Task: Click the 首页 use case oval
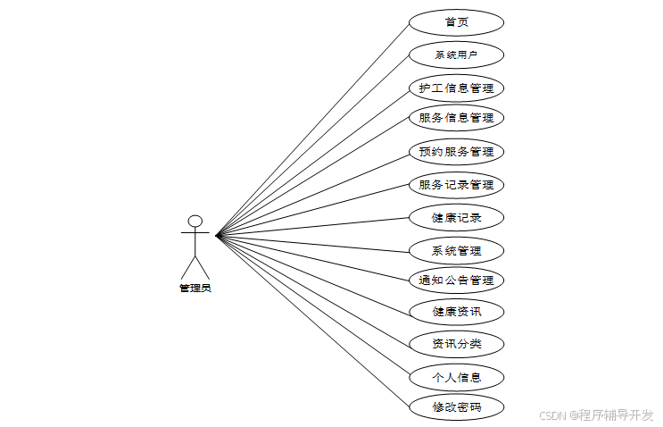(x=456, y=22)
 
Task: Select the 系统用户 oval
(x=456, y=55)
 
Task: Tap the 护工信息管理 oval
(x=456, y=88)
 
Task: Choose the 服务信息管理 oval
(x=456, y=117)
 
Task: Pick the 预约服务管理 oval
(x=456, y=152)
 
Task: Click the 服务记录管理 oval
(x=456, y=185)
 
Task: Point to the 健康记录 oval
(x=456, y=217)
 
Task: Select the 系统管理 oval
(x=456, y=251)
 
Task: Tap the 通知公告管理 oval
(x=456, y=280)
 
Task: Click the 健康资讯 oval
(x=456, y=312)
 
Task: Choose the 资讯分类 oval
(x=456, y=344)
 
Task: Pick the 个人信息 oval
(x=456, y=377)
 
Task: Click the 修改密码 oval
(x=456, y=408)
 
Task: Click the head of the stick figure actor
(x=195, y=221)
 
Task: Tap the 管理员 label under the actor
(x=195, y=288)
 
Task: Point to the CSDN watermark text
(x=597, y=415)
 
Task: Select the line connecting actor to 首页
(x=312, y=128)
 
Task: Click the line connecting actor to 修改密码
(x=312, y=322)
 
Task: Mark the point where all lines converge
(x=217, y=236)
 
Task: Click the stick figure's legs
(x=195, y=267)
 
